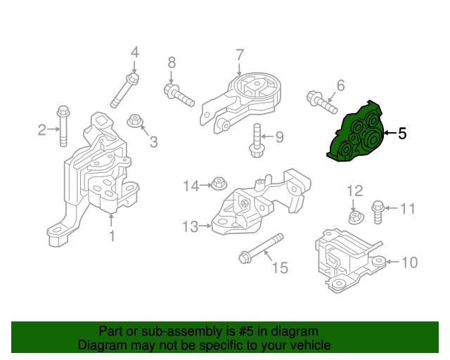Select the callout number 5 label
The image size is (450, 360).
[x=402, y=133]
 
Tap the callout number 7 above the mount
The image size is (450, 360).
[x=239, y=53]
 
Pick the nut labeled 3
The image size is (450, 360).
[x=135, y=122]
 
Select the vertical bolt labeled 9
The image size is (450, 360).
[x=257, y=140]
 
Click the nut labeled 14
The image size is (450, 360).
[x=219, y=185]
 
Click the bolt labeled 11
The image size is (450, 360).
[x=378, y=210]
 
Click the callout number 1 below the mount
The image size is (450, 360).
[x=110, y=236]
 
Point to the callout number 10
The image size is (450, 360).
[x=409, y=263]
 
